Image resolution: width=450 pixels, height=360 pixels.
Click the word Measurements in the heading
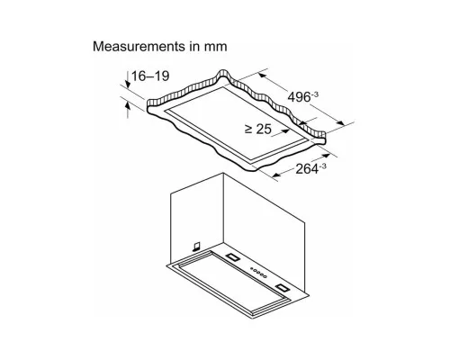(139, 47)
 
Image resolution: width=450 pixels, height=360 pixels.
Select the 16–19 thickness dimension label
(150, 76)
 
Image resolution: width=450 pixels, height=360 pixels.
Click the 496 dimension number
(299, 97)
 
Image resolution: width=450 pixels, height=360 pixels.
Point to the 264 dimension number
(307, 169)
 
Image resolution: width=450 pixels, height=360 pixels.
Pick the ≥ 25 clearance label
(258, 129)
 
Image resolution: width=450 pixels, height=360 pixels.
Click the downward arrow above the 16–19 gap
(128, 80)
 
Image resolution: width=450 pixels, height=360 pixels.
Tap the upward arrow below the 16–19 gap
(128, 110)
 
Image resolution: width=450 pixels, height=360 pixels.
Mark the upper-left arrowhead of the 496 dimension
(263, 76)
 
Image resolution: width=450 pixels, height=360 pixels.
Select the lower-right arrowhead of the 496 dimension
(340, 122)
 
